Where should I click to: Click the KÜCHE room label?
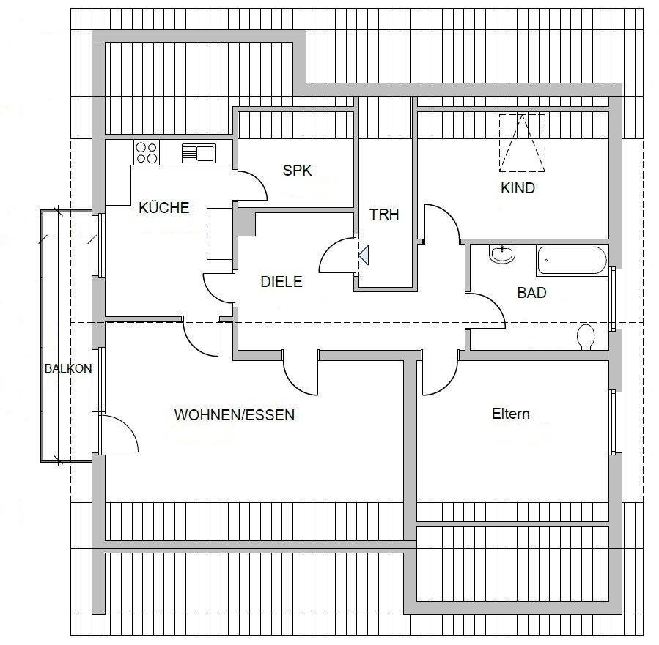pyautogui.click(x=164, y=208)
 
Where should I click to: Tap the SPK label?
pyautogui.click(x=298, y=171)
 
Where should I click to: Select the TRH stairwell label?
pyautogui.click(x=384, y=215)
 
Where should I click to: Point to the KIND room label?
pyautogui.click(x=518, y=188)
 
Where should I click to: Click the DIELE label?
pyautogui.click(x=281, y=282)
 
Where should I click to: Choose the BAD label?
pyautogui.click(x=531, y=293)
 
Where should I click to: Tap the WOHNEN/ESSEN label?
pyautogui.click(x=235, y=414)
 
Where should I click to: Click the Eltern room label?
pyautogui.click(x=511, y=414)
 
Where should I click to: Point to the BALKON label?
pyautogui.click(x=68, y=368)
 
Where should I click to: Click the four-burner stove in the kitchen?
pyautogui.click(x=147, y=152)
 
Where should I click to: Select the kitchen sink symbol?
pyautogui.click(x=199, y=153)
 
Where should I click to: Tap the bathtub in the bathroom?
pyautogui.click(x=572, y=261)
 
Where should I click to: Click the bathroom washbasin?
pyautogui.click(x=502, y=254)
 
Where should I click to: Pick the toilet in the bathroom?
pyautogui.click(x=586, y=337)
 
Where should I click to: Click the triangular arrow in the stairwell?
pyautogui.click(x=364, y=256)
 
